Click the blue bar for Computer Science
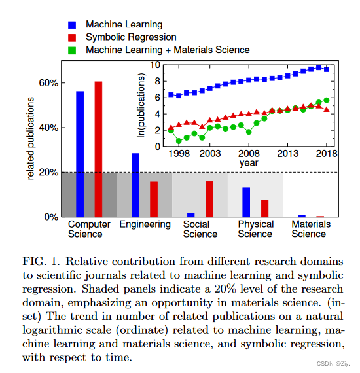(80, 154)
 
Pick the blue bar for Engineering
(135, 185)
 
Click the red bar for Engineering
(154, 199)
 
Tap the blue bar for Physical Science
(246, 202)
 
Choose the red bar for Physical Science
(264, 207)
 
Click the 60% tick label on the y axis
(48, 83)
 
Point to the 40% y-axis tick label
(48, 128)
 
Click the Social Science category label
(200, 229)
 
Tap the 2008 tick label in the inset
(251, 153)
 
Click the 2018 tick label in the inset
(327, 153)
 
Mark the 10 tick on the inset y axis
(155, 65)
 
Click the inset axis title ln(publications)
(141, 105)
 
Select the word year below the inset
(248, 162)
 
